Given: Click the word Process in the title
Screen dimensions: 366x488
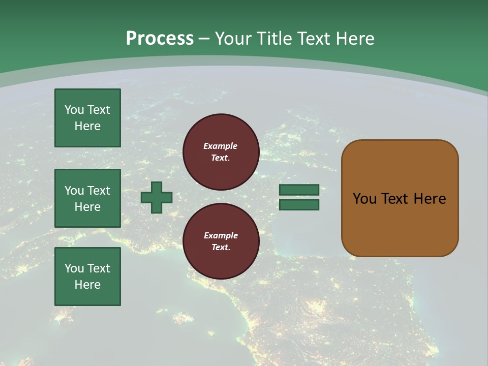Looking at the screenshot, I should (160, 39).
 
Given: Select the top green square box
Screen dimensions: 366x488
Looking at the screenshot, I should (87, 118).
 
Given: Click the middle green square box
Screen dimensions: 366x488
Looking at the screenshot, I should (87, 198).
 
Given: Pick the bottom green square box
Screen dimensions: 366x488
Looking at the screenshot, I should (87, 277).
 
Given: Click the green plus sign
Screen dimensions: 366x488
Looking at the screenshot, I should (157, 197).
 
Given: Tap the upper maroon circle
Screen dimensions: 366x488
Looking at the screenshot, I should (221, 152).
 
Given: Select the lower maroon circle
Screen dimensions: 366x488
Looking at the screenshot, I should (221, 241).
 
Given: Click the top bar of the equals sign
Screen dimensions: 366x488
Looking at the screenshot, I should (299, 190).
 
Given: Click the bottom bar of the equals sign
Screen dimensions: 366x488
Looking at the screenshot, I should (299, 205).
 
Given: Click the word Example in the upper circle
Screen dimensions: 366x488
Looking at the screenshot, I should (221, 146).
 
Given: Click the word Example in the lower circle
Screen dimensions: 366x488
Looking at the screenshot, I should (221, 236).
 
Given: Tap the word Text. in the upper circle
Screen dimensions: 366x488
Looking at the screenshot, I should (221, 158).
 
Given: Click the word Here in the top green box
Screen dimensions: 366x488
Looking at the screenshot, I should (87, 126).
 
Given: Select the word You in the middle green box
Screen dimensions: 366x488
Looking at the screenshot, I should (74, 191).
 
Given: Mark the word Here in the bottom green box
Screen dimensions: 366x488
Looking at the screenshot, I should (87, 285).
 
